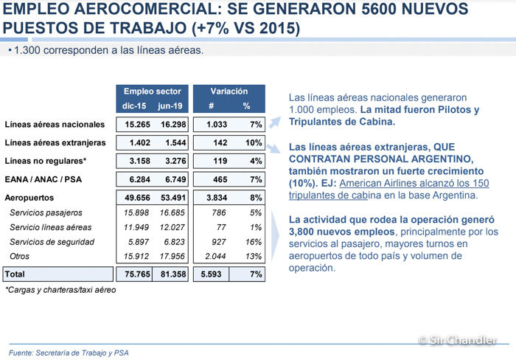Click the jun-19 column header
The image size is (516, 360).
pos(170,106)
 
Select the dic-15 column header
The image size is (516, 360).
pos(134,106)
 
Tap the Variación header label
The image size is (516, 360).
pos(229,91)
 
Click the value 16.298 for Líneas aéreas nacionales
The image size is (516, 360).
pos(173,125)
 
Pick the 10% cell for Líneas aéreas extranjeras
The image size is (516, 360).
pos(254,142)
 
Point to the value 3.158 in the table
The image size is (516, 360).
pos(139,161)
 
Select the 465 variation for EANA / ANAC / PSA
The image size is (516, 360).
pos(220,179)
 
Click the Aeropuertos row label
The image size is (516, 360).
pos(29,198)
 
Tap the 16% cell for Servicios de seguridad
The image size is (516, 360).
pos(254,242)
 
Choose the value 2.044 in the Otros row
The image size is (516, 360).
pos(215,256)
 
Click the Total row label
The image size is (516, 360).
pos(15,274)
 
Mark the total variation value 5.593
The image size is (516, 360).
pos(211,274)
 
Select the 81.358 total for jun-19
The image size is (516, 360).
pos(173,274)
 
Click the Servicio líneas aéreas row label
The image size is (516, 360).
pos(51,227)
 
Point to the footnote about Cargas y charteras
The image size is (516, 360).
pos(60,290)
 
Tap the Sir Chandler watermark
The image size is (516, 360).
pos(458,339)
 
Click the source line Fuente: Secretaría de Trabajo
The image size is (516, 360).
pos(69,353)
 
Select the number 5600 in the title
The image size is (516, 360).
pos(378,9)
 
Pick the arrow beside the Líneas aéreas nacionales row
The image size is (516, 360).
pos(275,122)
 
